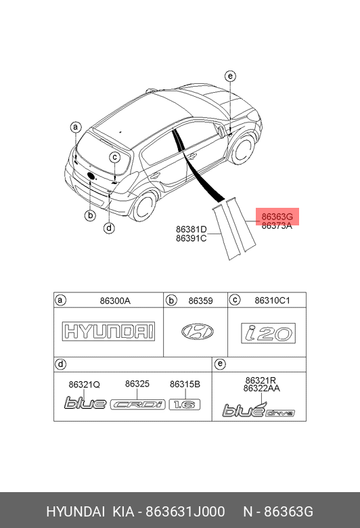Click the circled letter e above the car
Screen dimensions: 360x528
tap(230, 76)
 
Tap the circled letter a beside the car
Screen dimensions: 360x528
tap(76, 127)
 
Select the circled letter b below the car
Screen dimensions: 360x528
tap(90, 215)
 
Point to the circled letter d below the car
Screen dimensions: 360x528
tap(109, 228)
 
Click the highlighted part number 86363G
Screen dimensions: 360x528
tap(277, 216)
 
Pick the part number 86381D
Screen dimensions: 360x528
tap(192, 229)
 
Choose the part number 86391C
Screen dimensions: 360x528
tap(192, 238)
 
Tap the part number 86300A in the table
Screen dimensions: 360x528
tap(115, 301)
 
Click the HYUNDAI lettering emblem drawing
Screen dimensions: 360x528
tap(108, 331)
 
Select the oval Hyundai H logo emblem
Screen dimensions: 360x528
tap(198, 332)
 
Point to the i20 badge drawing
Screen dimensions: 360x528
tap(269, 333)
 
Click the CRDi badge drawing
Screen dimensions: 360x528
tap(138, 404)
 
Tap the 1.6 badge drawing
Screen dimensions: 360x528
tap(185, 404)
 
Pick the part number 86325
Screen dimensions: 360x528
tap(137, 384)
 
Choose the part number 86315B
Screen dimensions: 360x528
tap(185, 384)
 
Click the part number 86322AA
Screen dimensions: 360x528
tap(262, 389)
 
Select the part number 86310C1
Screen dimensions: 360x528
tap(272, 301)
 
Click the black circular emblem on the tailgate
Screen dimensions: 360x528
tap(91, 176)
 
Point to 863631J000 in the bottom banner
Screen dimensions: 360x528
tap(185, 512)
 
